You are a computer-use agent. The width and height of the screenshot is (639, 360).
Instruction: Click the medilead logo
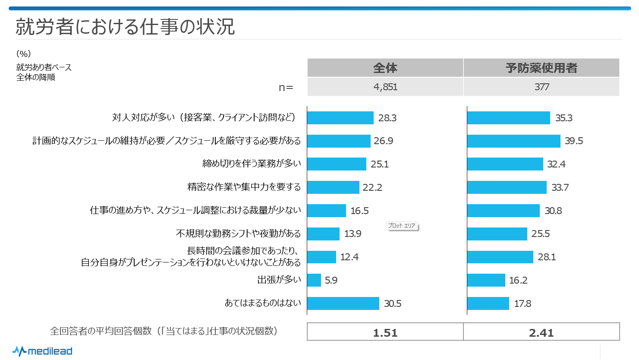42,351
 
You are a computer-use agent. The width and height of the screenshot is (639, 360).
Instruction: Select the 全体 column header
385,68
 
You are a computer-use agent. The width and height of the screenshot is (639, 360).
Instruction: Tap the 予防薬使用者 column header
541,68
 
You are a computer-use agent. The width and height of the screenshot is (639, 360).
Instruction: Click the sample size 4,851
385,87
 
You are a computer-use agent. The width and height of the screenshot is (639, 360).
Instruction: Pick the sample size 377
541,87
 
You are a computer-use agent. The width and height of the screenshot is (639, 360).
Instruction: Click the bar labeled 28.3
340,118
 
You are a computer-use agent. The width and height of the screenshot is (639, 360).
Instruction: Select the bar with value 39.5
513,141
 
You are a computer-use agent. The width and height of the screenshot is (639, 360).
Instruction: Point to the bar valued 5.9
314,280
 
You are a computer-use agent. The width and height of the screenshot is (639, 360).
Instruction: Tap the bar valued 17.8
488,303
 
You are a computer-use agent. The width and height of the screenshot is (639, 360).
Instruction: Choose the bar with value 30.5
343,303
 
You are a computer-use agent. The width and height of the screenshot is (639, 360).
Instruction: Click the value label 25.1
380,164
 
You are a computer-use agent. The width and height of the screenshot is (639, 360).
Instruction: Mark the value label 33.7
560,187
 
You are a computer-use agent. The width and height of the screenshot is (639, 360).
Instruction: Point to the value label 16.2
518,280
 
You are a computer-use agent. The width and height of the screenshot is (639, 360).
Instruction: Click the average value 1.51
385,332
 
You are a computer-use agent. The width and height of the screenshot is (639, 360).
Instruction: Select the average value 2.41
541,332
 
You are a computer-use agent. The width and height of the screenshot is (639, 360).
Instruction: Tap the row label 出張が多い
279,280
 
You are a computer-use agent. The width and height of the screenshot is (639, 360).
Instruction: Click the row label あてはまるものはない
263,303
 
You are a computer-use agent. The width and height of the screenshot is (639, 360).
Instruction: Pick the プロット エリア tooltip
402,226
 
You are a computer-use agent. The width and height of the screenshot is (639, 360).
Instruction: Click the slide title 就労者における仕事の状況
125,27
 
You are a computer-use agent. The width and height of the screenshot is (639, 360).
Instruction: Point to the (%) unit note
23,54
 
